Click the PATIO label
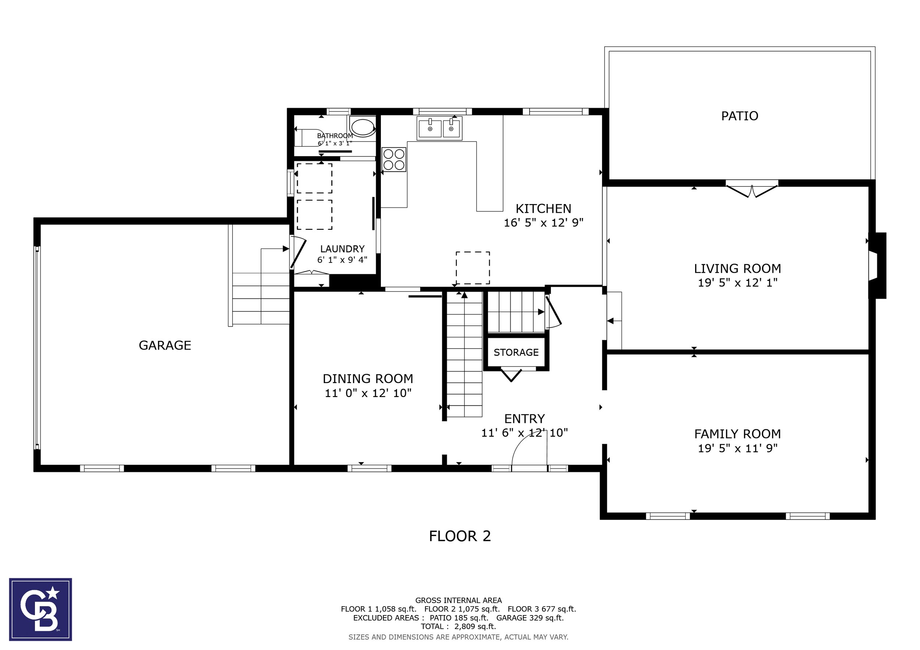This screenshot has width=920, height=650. (739, 116)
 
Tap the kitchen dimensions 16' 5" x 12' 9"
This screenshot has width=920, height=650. (543, 222)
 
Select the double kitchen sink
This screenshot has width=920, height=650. (439, 128)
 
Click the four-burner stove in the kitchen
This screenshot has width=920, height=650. (394, 159)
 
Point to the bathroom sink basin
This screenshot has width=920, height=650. (363, 126)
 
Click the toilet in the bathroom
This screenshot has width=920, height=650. (309, 138)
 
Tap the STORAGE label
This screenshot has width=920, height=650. (516, 352)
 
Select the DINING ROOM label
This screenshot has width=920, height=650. (368, 379)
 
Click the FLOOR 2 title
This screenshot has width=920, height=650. (460, 536)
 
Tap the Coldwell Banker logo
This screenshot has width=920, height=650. (40, 609)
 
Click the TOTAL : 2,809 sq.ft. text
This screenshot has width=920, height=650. (459, 626)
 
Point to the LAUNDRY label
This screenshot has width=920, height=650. (342, 249)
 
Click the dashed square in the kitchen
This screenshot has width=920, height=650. (473, 268)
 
